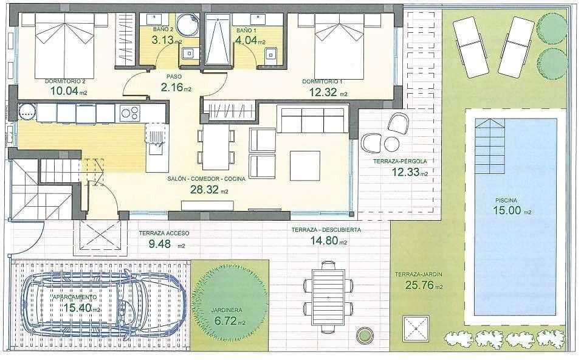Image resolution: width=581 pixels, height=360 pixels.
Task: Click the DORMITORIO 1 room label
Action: tap(322, 81)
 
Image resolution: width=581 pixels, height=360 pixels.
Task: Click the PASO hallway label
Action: tap(174, 77)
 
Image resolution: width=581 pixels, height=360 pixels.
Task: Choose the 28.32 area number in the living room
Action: tap(203, 190)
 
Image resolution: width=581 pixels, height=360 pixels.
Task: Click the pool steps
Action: tap(489, 146)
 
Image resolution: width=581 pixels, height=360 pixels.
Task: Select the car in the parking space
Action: tap(103, 302)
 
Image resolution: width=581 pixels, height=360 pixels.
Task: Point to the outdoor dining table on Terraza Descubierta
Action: tap(328, 296)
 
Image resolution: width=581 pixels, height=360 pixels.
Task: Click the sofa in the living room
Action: tap(312, 119)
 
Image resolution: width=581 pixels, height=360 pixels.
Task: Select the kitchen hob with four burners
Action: tap(130, 112)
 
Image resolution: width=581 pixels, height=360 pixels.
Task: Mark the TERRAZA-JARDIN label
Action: tap(418, 274)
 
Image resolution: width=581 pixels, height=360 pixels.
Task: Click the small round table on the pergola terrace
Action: tap(392, 144)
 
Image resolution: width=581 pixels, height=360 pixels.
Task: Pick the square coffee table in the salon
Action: tap(304, 165)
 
